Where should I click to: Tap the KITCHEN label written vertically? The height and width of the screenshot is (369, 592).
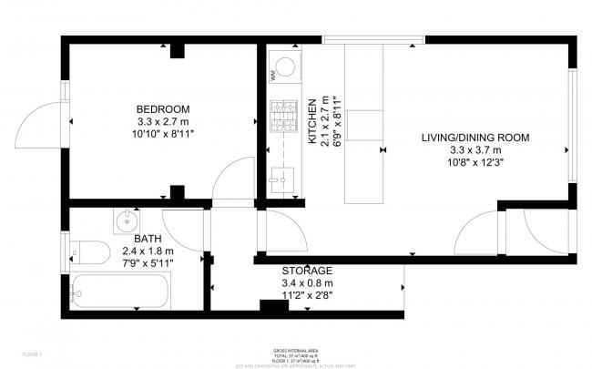click(311, 121)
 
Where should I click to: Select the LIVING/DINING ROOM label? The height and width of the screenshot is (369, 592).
click(475, 138)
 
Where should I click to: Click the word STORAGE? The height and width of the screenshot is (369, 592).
click(307, 271)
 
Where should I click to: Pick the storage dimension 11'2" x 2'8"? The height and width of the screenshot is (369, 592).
click(307, 295)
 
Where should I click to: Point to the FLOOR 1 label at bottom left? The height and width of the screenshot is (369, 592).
click(32, 352)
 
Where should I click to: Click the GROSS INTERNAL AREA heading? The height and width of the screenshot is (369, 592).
click(296, 350)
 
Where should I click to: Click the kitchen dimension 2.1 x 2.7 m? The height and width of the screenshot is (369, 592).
click(323, 121)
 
